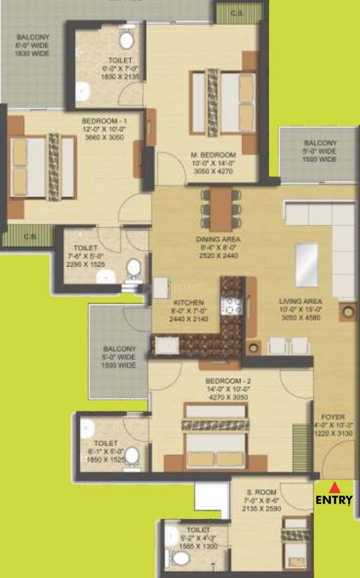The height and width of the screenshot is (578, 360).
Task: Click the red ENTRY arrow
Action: click(x=333, y=488)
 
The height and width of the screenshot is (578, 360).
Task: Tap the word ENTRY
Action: click(x=333, y=500)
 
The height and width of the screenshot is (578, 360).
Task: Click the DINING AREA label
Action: click(x=218, y=239)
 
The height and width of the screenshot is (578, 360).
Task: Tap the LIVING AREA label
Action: click(x=301, y=301)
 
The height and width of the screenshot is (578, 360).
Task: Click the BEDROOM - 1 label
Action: click(x=104, y=120)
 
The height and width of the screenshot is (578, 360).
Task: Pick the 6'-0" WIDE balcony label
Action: click(x=31, y=45)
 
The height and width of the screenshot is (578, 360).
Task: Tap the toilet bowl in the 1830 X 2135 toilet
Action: click(x=126, y=38)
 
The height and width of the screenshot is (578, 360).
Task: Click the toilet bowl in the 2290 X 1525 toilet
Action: click(x=133, y=269)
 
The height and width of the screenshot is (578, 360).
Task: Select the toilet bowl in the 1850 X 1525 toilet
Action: click(x=132, y=456)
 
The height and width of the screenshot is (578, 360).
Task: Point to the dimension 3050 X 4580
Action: click(x=301, y=318)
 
